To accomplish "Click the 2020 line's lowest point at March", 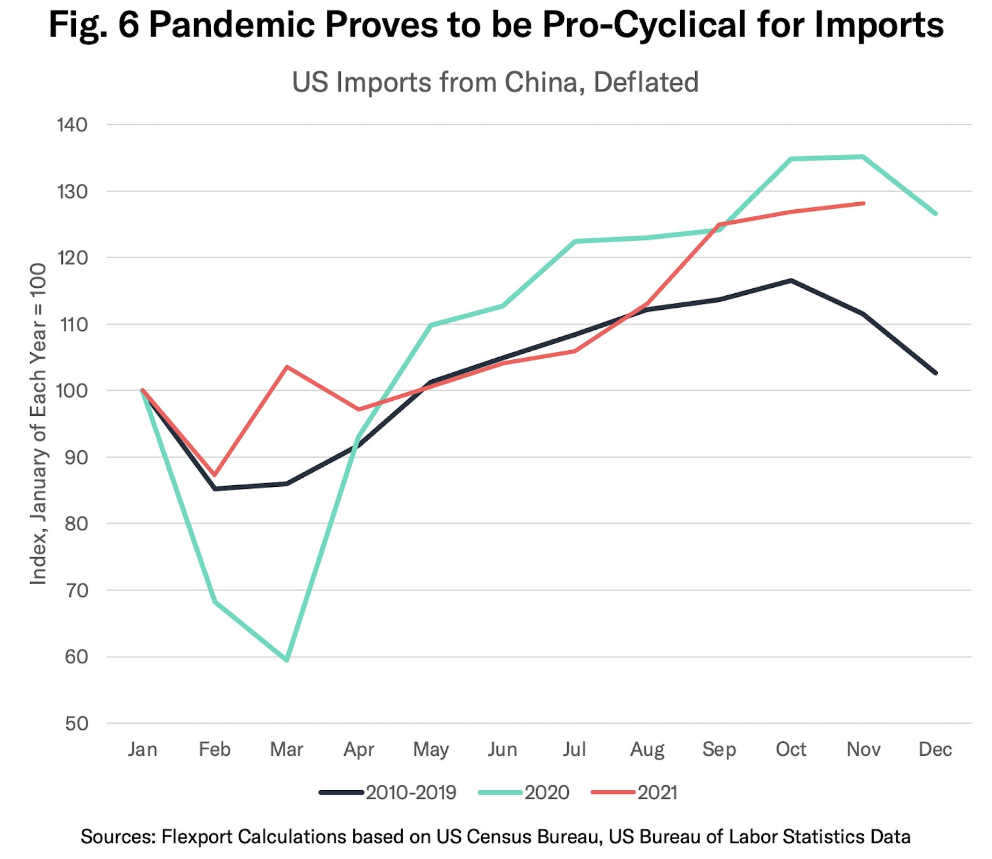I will tap(287, 660).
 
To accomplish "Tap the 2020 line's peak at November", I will tap(863, 157).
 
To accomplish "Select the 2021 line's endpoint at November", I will tap(863, 203).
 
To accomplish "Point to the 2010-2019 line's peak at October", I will tap(791, 280).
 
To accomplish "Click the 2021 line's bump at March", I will tap(287, 367).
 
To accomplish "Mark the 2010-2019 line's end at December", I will tap(936, 373).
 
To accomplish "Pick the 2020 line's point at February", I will tap(215, 601).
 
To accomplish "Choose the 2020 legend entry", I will tap(524, 792).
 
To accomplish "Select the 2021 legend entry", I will tap(634, 792).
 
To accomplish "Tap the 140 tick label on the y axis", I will tap(72, 125).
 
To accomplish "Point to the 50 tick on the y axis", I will tap(76, 723).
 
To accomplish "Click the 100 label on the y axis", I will tap(72, 391).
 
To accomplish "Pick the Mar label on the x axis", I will tap(287, 749).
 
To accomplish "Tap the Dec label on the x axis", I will tap(936, 749).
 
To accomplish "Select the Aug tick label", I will tap(647, 749).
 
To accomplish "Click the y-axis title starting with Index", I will tap(38, 424).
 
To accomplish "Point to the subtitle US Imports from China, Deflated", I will tap(495, 82).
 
